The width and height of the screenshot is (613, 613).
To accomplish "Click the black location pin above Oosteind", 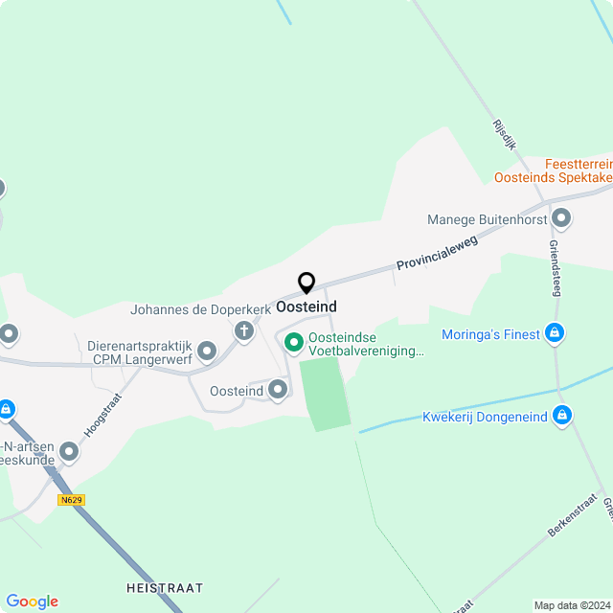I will pyautogui.click(x=306, y=283).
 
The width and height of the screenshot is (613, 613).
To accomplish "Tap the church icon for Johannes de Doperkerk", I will pyautogui.click(x=244, y=331).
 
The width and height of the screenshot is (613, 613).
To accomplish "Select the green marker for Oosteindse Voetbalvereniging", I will pyautogui.click(x=293, y=341).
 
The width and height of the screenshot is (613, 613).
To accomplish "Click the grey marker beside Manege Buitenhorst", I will pyautogui.click(x=562, y=219).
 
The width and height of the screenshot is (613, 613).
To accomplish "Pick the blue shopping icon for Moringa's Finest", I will pyautogui.click(x=554, y=333).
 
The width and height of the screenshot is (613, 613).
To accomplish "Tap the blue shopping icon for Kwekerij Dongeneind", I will pyautogui.click(x=563, y=416).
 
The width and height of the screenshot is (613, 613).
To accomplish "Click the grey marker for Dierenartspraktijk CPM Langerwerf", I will pyautogui.click(x=208, y=352).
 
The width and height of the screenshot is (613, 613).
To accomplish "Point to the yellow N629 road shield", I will pyautogui.click(x=70, y=500).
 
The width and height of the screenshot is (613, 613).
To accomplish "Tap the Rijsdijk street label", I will pyautogui.click(x=504, y=135).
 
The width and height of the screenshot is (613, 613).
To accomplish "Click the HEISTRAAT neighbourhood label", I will pyautogui.click(x=165, y=587).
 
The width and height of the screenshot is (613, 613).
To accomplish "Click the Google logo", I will pyautogui.click(x=32, y=601).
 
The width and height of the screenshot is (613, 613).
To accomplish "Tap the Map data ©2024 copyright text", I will pyautogui.click(x=572, y=604).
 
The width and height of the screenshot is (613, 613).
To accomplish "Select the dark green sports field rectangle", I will pyautogui.click(x=324, y=393).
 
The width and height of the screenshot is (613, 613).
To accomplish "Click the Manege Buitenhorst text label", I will pyautogui.click(x=488, y=219).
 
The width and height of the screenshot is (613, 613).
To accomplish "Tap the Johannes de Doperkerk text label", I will pyautogui.click(x=181, y=310).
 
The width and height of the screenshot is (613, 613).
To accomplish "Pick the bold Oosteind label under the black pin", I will pyautogui.click(x=306, y=306).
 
